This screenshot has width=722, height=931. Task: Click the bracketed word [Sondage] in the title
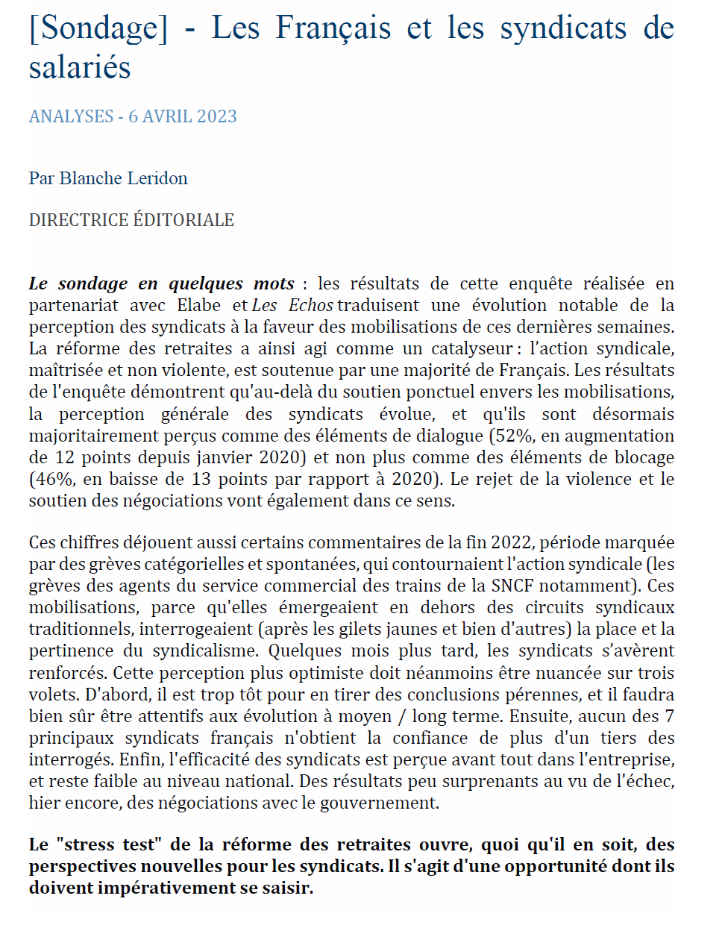(x=98, y=28)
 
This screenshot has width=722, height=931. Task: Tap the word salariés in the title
(x=80, y=67)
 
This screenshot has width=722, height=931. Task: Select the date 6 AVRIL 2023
(x=183, y=116)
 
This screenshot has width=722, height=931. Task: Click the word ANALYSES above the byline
(x=71, y=116)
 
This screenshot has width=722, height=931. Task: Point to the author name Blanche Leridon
(x=123, y=178)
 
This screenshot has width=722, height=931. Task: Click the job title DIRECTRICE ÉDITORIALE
(x=131, y=220)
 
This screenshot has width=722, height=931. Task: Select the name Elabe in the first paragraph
(x=198, y=305)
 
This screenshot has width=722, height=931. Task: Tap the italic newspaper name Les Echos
(x=292, y=305)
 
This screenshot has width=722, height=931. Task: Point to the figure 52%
(x=511, y=436)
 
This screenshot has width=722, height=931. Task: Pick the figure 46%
(x=51, y=479)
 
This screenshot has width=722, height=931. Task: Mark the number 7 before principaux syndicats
(x=669, y=716)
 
